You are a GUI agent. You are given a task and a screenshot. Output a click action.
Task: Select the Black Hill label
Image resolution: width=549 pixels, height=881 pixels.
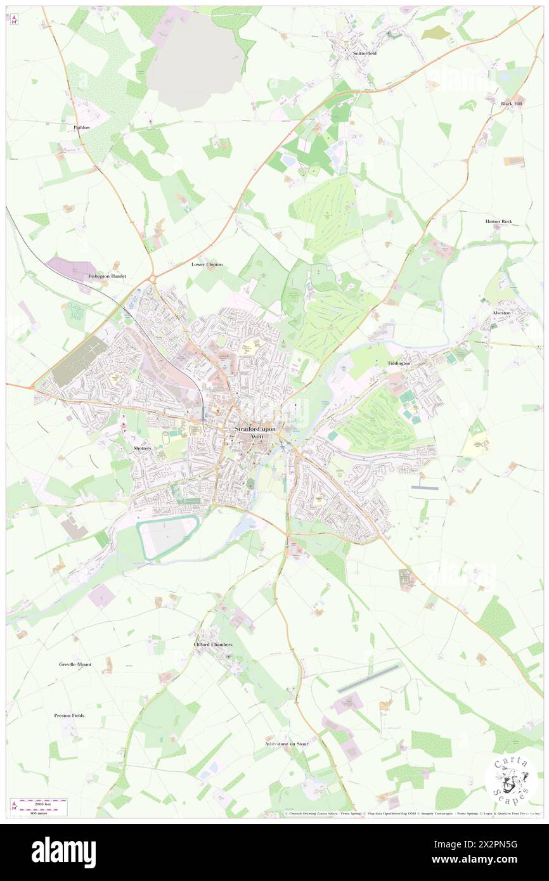(x=511, y=103)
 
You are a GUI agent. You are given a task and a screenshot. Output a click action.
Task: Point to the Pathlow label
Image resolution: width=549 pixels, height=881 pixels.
(x=82, y=127)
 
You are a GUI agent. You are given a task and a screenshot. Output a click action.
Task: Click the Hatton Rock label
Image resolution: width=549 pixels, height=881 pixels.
(x=498, y=221)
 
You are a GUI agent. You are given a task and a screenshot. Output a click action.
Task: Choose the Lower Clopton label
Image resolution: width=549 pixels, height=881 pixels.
(x=207, y=264)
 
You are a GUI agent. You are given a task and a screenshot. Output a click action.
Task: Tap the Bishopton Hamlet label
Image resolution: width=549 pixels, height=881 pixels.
(x=107, y=276)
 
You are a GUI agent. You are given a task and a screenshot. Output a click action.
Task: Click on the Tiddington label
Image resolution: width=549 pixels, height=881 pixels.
(x=399, y=363)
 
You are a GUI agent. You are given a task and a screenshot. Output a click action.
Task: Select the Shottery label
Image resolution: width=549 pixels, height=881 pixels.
(x=143, y=448)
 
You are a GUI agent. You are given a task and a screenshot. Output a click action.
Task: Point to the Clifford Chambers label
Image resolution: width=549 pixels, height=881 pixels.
(x=213, y=644)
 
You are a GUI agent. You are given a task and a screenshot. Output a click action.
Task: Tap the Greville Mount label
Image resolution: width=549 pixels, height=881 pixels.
(x=75, y=664)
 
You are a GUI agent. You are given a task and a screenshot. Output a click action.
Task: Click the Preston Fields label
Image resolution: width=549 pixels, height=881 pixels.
(x=69, y=715)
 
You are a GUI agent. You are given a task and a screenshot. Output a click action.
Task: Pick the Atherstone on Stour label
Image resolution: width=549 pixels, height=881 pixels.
(x=287, y=743)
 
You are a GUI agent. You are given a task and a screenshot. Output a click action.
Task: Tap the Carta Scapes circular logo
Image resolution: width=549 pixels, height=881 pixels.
(x=511, y=778)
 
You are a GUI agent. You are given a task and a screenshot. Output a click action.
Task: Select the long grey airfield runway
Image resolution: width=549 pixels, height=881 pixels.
(x=369, y=678)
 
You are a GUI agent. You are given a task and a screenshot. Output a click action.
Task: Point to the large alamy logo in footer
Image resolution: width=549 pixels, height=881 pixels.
(x=63, y=852)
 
